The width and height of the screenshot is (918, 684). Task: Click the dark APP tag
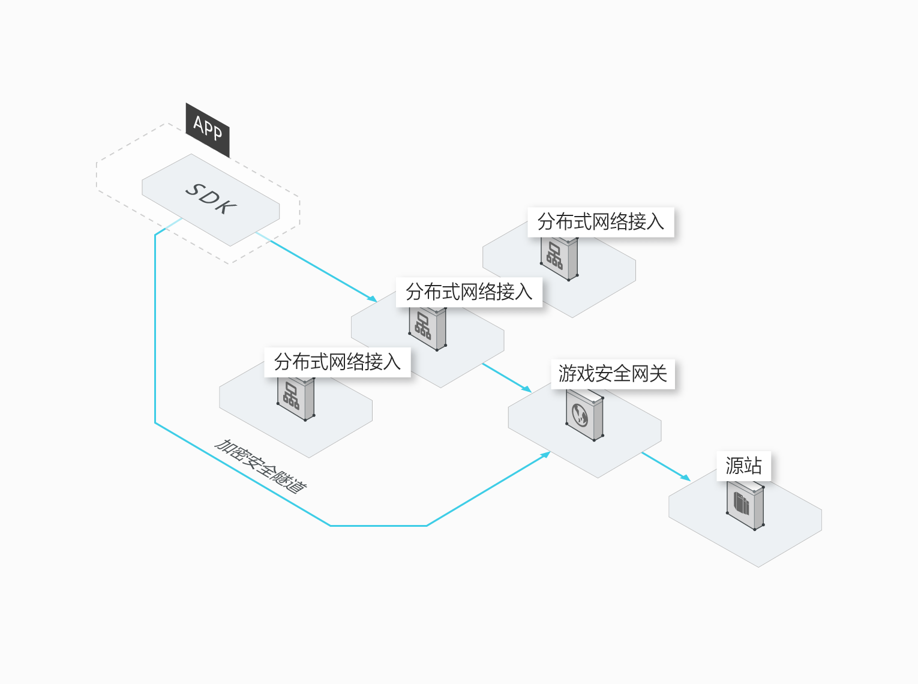(208, 129)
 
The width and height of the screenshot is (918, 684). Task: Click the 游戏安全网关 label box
(613, 374)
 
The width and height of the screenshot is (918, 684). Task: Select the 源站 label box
(743, 466)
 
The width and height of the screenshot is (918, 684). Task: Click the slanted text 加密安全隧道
(261, 466)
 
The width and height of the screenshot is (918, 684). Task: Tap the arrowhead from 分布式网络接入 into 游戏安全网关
(527, 389)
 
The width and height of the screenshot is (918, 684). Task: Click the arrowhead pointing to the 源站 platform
(686, 478)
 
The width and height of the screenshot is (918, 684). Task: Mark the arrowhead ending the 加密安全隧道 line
(546, 454)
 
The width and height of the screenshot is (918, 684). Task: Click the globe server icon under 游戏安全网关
(584, 415)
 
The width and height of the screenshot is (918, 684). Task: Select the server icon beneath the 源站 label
(745, 505)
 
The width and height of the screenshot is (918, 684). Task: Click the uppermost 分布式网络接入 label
(601, 222)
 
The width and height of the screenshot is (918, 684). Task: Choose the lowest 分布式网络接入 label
(337, 362)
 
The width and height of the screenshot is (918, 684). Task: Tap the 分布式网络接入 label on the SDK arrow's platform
(469, 292)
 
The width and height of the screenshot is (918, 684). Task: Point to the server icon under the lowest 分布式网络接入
(295, 398)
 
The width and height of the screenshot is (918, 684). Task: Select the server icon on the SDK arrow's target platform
(427, 328)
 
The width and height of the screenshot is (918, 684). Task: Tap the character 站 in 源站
(752, 466)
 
